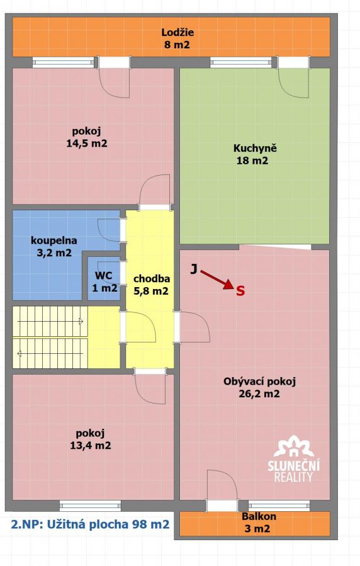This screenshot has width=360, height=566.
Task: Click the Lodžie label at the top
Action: point(177,33)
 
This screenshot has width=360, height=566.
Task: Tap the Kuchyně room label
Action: point(255,149)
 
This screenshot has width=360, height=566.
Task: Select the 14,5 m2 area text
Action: point(87,144)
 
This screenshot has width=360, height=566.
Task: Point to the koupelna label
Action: point(53,241)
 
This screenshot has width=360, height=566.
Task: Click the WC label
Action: point(103,276)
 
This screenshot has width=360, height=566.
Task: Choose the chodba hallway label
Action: point(152,279)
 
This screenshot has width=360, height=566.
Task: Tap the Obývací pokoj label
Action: point(260,381)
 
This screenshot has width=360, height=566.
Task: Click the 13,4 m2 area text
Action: point(91,446)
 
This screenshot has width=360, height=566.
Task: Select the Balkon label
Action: point(259,516)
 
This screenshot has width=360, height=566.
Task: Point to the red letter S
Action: point(240,291)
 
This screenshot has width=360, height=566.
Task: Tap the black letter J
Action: point(194,269)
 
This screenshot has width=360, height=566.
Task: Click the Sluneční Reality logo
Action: point(293,458)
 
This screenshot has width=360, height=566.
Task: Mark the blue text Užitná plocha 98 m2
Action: point(107,524)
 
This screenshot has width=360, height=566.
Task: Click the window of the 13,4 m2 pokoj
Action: point(90,506)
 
